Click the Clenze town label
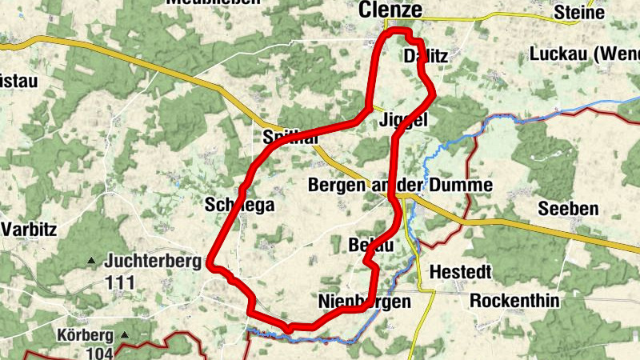click(390, 10)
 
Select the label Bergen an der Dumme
click(400, 185)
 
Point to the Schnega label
click(239, 205)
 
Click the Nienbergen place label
click(364, 302)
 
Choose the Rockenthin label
click(514, 302)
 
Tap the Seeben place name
click(568, 209)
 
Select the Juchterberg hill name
click(153, 261)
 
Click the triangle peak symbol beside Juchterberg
click(91, 261)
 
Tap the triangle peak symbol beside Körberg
click(124, 334)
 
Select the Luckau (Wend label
click(584, 54)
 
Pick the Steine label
click(579, 13)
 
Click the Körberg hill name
click(86, 335)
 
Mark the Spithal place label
click(290, 138)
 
